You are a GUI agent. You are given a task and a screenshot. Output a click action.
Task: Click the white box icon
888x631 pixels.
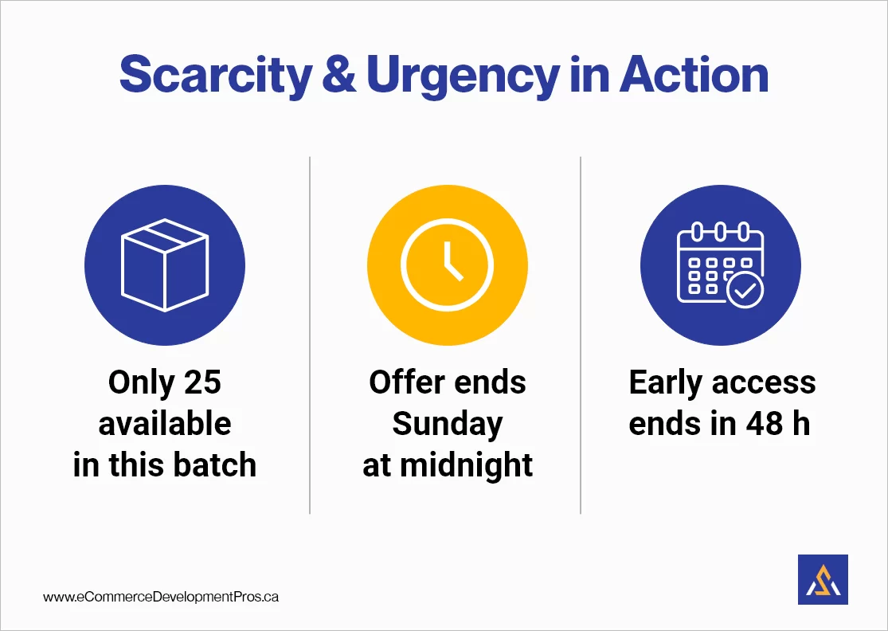pos(164,266)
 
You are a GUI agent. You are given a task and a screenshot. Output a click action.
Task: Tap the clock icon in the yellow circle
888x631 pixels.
pos(447,265)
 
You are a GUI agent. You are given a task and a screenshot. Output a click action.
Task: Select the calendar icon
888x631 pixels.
pos(720,265)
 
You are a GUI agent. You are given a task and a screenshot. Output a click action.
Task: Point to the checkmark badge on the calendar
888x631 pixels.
pos(745,291)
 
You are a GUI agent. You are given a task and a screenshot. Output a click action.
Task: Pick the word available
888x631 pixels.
pos(165,424)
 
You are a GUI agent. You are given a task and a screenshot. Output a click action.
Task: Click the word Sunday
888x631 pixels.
pos(447,424)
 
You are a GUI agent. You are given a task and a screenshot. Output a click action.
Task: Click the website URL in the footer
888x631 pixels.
pos(161,596)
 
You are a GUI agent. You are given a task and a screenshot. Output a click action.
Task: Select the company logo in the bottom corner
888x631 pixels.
pos(822,579)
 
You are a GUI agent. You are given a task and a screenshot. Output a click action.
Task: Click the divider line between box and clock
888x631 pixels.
pos(310,335)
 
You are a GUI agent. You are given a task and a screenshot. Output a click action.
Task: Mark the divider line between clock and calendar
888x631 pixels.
pos(581,335)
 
